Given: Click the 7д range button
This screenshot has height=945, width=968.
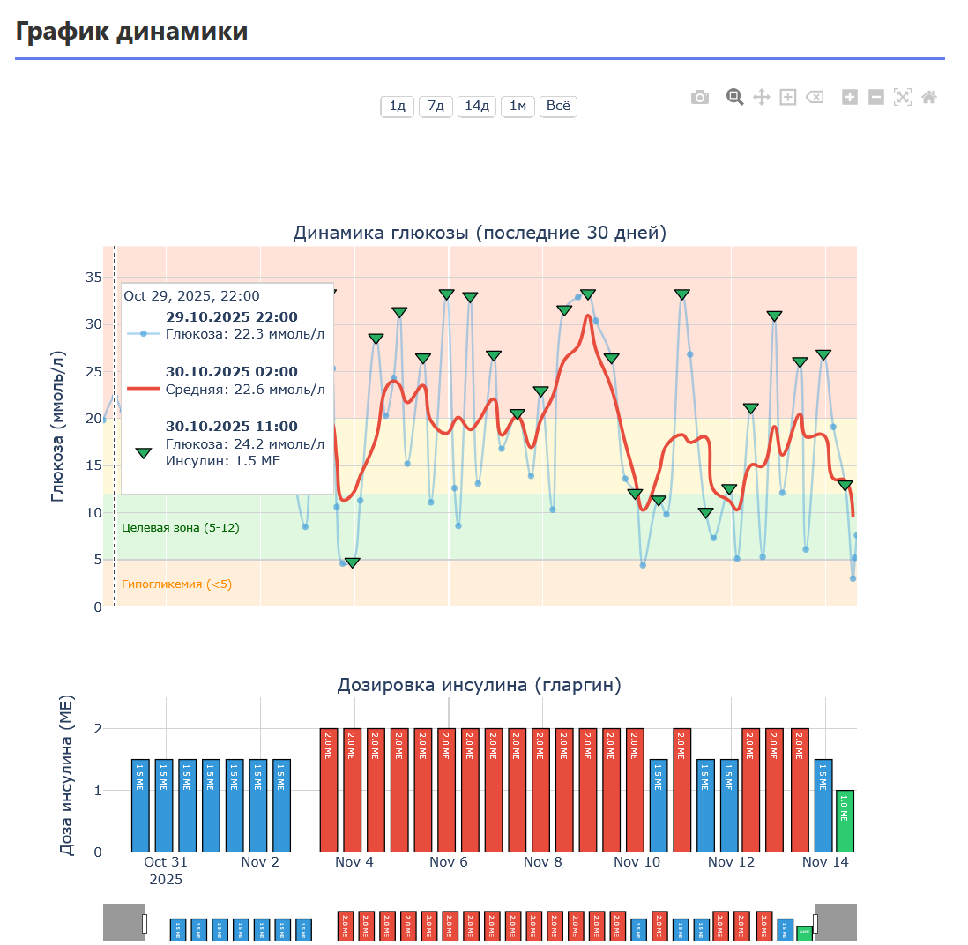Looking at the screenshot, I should pos(436,107).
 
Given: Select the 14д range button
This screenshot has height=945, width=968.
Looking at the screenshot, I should pos(476,107).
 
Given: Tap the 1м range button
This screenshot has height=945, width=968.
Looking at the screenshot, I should pos(518,107).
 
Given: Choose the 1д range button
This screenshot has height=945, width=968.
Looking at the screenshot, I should pos(398,107).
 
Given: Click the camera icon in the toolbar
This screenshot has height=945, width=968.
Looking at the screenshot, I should pos(700,98).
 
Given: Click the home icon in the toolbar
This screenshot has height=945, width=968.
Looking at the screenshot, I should pos(928,98).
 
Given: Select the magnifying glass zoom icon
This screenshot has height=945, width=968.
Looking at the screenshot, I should pos(734,98).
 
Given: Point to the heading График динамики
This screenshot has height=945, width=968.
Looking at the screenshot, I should pos(132,32).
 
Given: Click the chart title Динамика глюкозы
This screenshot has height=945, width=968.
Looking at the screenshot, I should pos(480,234).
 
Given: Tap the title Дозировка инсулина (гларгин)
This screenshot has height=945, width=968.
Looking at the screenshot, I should pos(480,685).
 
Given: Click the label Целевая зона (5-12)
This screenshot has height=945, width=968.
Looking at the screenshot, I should pos(180,528).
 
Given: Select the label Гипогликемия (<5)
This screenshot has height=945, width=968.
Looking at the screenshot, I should pos(176,584).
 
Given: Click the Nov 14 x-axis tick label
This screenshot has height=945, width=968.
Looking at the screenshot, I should pos(825,862).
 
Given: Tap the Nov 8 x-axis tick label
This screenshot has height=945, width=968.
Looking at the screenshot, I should pos(542,862).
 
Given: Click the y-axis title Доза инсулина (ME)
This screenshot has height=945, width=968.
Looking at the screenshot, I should pos(67,776).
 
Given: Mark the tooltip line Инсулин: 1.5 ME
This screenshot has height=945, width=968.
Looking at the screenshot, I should pos(222,460).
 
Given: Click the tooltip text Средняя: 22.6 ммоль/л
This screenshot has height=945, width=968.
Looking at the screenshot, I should pos(245,389).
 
